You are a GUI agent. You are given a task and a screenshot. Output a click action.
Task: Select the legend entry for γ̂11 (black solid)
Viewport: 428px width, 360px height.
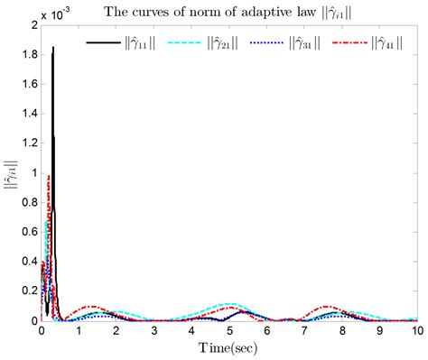point(122,42)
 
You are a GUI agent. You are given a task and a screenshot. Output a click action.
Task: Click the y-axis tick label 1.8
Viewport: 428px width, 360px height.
point(28,56)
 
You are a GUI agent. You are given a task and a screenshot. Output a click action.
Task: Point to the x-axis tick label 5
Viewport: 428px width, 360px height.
point(230,331)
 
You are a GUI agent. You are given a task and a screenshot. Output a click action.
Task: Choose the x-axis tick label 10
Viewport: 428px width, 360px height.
point(416,331)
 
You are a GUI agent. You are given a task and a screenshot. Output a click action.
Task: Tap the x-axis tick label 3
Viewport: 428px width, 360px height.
point(154,331)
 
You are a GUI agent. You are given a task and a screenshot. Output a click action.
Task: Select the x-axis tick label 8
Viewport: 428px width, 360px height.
point(342,331)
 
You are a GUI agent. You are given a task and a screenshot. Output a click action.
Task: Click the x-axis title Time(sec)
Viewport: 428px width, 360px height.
point(229,347)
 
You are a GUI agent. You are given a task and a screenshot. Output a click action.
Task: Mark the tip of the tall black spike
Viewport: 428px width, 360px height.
point(53,48)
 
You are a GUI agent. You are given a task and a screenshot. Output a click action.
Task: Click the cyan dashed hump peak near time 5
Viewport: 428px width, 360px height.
point(231,304)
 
